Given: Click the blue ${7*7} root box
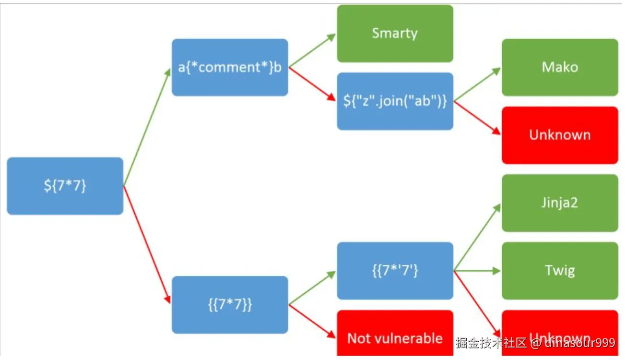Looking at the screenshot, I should point(65,186).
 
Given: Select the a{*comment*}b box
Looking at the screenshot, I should point(230,67).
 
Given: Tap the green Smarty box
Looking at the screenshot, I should point(395,33).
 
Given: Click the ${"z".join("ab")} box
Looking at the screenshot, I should point(395,101).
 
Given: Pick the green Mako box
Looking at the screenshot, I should point(560,67).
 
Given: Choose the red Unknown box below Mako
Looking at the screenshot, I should point(560,135).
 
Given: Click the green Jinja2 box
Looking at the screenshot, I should point(560,203).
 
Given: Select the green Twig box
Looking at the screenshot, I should point(560,271).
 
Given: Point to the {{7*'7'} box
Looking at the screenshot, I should point(395,271).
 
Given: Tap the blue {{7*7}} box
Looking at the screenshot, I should point(230,305).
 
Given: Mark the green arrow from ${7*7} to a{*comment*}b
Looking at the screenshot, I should point(147,127).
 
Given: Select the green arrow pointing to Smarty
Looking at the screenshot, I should point(312,50).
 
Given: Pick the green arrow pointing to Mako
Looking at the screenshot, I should point(477,84).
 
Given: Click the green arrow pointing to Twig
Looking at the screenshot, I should point(477,271).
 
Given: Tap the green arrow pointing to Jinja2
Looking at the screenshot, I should point(477,237).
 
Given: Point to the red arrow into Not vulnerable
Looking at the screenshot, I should point(312,322).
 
